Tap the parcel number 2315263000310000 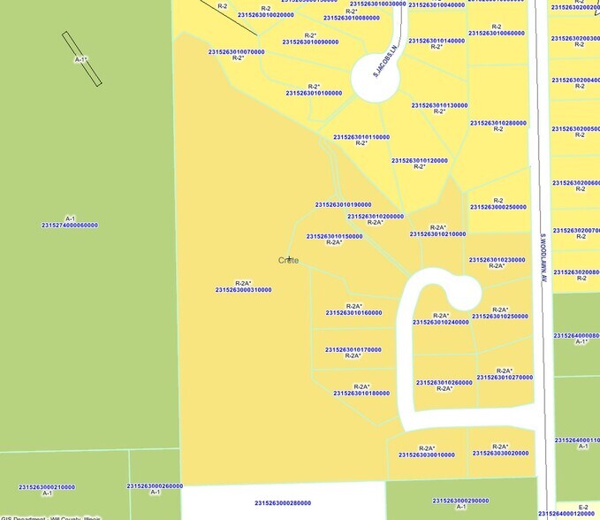(x=243, y=289)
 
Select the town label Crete (x=288, y=260)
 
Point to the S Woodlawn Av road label (x=545, y=257)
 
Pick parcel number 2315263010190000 (x=343, y=205)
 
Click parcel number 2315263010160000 (x=353, y=312)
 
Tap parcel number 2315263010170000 (x=353, y=349)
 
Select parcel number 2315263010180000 (x=361, y=393)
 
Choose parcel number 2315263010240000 (x=440, y=322)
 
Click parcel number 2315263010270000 (x=505, y=377)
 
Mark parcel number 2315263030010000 (x=426, y=455)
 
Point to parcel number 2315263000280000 (x=283, y=502)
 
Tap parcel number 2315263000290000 (x=460, y=501)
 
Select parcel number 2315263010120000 (x=419, y=160)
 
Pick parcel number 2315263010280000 (x=498, y=123)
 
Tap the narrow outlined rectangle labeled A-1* (x=81, y=58)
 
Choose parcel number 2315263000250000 (x=498, y=207)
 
